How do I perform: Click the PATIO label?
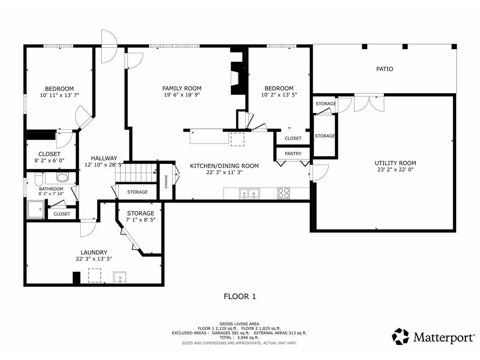tap(384, 69)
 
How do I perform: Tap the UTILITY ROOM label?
tap(395, 163)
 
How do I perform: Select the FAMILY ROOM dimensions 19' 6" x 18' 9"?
tap(182, 95)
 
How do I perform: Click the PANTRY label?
tap(293, 154)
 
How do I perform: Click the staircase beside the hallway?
tap(136, 173)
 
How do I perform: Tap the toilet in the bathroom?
tap(39, 179)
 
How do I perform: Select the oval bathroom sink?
tap(63, 178)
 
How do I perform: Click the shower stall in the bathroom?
tap(36, 209)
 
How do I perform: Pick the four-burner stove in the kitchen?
tap(284, 193)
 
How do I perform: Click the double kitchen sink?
tap(249, 194)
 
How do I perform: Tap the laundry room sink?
tap(120, 277)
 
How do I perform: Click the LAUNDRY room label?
tap(94, 253)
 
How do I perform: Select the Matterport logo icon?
tap(400, 337)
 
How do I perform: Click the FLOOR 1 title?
tap(240, 296)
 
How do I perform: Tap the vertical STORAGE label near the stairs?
tap(166, 181)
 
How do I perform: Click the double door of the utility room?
tap(369, 104)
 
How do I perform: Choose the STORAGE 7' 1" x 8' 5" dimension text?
tap(141, 220)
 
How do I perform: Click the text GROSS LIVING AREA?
tap(239, 324)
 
